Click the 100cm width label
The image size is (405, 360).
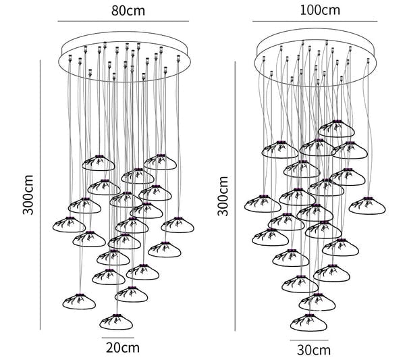[x=318, y=11]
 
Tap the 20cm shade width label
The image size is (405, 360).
[x=122, y=348]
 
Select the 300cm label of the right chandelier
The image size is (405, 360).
[x=223, y=196]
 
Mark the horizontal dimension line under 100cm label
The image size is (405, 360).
[x=317, y=22]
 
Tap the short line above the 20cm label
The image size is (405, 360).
[x=117, y=337]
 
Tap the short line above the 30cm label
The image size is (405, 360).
[x=310, y=340]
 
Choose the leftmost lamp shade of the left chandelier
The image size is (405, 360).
[x=69, y=224]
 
